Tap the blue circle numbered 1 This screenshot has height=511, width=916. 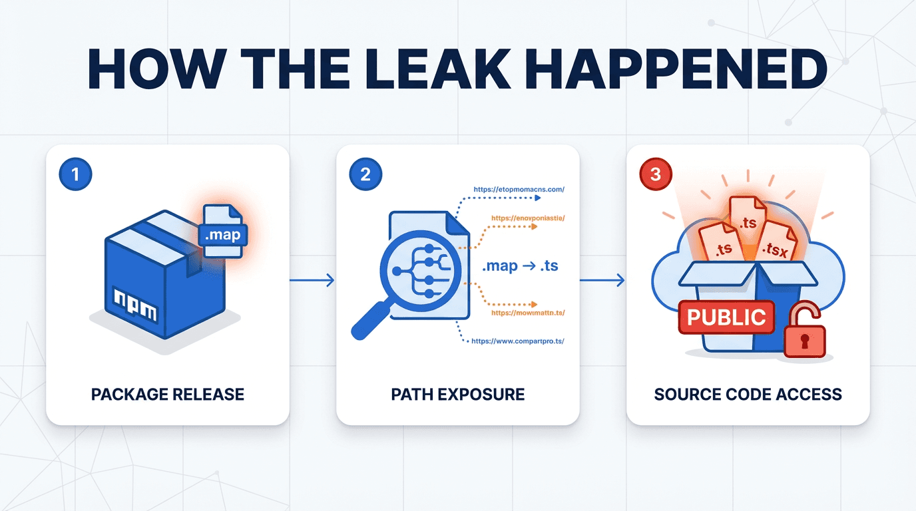(x=75, y=174)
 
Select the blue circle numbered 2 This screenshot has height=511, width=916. (x=365, y=174)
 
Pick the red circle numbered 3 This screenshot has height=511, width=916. (x=656, y=174)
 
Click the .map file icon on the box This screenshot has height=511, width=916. (x=223, y=231)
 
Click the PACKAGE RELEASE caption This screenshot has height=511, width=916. (x=168, y=394)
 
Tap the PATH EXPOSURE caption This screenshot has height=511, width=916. (x=458, y=394)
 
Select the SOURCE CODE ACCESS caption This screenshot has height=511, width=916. (x=748, y=394)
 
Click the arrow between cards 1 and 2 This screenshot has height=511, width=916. (x=312, y=280)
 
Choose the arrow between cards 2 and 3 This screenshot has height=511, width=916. (x=602, y=280)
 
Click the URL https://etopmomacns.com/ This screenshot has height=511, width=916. (x=519, y=190)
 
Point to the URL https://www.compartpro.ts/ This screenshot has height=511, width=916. (x=518, y=341)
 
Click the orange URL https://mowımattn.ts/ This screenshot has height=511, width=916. (x=528, y=312)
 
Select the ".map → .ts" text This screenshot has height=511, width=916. (x=519, y=266)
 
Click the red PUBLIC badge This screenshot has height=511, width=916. (x=726, y=317)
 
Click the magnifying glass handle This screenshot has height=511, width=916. (x=369, y=323)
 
